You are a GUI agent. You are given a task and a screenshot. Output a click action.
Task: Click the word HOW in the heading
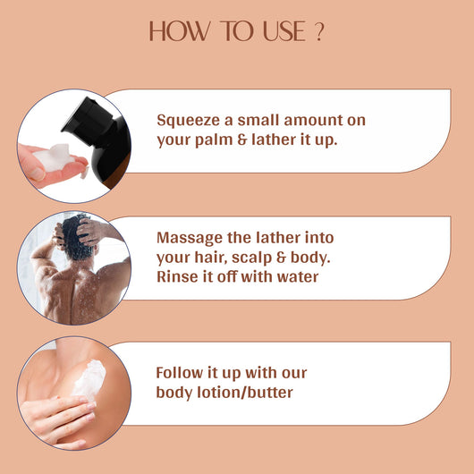point(180,31)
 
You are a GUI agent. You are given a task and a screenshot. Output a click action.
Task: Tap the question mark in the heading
point(319,31)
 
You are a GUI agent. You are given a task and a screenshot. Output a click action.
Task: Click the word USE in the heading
point(284,31)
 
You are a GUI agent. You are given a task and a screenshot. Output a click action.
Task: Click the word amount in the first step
point(313,121)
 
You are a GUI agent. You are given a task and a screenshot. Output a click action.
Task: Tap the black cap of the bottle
point(87,120)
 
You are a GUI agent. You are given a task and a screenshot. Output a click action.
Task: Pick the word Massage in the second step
point(190,239)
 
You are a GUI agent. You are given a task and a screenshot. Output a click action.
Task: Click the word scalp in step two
point(252,258)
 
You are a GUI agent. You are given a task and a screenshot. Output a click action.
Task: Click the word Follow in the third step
point(180,373)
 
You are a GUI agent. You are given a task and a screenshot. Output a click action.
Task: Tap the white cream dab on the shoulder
point(89,379)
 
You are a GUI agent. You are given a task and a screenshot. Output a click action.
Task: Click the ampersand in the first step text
point(242,140)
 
